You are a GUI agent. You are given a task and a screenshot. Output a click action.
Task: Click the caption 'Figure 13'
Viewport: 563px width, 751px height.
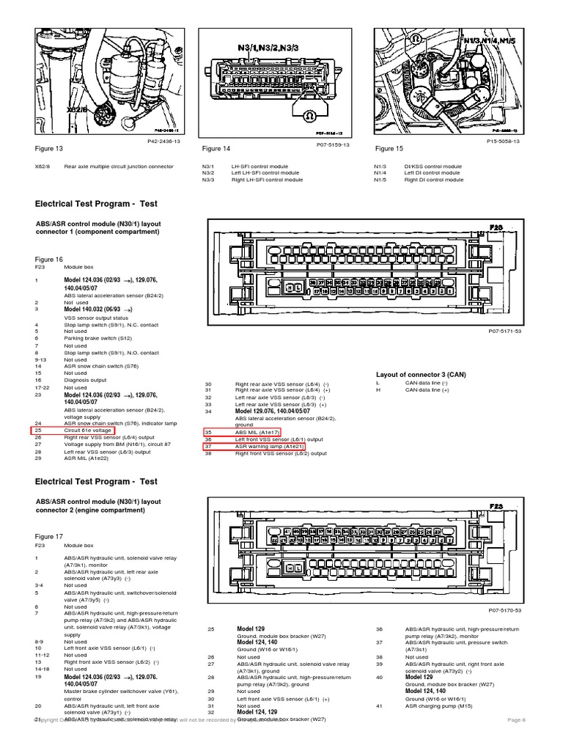(x=49, y=148)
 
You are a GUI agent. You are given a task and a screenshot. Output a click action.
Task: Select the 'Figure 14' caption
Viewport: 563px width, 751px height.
(x=216, y=149)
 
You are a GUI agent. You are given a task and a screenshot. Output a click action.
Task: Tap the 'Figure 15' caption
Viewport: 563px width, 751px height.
(x=389, y=148)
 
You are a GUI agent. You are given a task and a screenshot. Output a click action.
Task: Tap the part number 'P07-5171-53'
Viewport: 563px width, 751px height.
(x=504, y=331)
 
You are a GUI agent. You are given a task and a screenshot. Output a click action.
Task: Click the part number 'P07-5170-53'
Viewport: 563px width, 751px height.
(x=504, y=609)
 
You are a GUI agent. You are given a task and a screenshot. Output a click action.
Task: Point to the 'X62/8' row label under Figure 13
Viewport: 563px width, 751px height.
(x=43, y=166)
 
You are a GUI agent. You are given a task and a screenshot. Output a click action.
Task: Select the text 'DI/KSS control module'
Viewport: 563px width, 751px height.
(x=433, y=166)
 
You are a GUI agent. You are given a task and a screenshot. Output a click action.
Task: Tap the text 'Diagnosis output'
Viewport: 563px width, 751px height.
(x=85, y=380)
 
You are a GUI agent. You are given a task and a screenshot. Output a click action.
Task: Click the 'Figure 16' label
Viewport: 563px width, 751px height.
(x=49, y=259)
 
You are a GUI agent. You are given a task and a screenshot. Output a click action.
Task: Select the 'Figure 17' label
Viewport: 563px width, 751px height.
(x=49, y=537)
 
